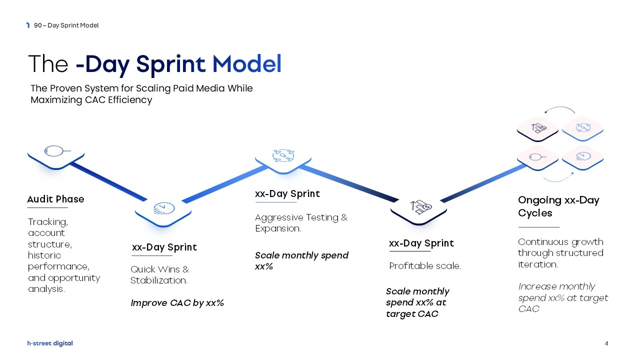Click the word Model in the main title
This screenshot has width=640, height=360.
coord(246,64)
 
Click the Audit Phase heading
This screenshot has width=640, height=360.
coord(55,199)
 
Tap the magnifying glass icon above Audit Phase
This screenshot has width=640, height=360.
coord(55,151)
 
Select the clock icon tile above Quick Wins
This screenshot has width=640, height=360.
coord(163,209)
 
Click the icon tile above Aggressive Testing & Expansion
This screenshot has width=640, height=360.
coord(283,155)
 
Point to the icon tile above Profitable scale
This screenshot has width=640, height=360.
coord(419,206)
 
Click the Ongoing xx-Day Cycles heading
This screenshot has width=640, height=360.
coord(558,206)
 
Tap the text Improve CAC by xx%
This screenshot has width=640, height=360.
coord(177,303)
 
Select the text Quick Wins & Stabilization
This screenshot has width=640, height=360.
coord(159,275)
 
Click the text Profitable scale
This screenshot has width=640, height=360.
coord(424,266)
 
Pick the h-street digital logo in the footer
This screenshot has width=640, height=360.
coord(50,343)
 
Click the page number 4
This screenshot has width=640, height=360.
coord(606,343)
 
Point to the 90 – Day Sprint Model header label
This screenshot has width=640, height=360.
coord(66,25)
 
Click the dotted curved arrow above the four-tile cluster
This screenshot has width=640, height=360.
coord(559,108)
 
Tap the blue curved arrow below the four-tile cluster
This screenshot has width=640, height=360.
coord(557,177)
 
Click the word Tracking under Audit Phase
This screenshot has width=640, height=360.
coord(48,221)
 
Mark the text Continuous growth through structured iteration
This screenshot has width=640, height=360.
coord(560,253)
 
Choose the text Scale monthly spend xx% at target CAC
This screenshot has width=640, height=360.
coord(417,302)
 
